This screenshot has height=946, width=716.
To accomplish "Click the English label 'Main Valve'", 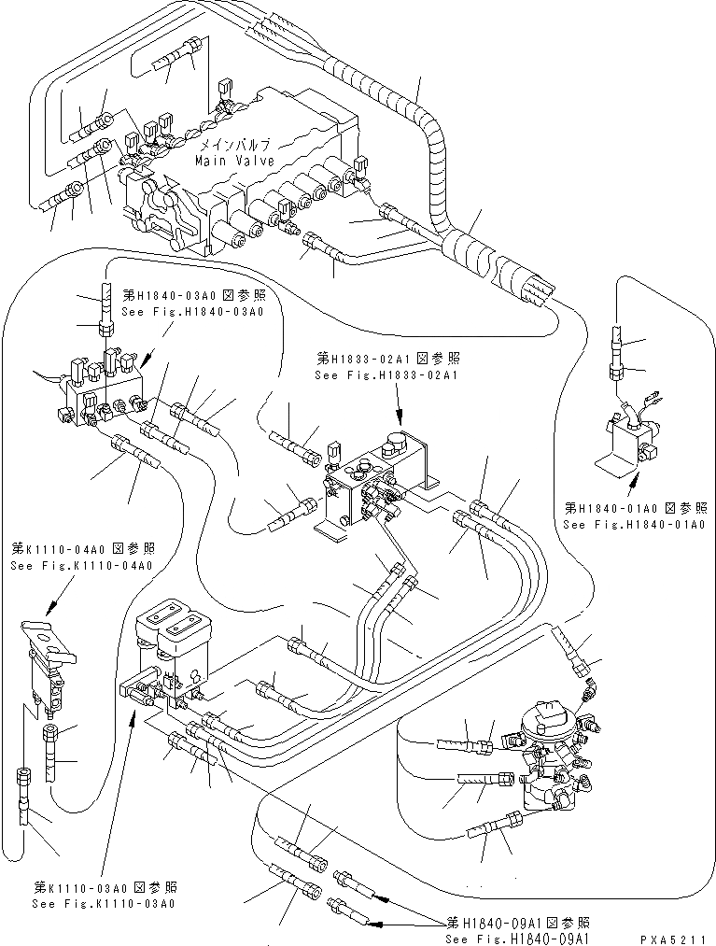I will [x=234, y=161].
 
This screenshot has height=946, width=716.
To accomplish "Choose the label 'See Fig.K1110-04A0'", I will [x=82, y=565].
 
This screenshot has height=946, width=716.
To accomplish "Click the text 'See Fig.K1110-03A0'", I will [x=104, y=904].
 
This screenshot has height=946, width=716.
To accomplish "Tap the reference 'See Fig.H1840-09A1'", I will [x=519, y=939].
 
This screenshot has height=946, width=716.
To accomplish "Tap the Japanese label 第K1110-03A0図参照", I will [x=105, y=887].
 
